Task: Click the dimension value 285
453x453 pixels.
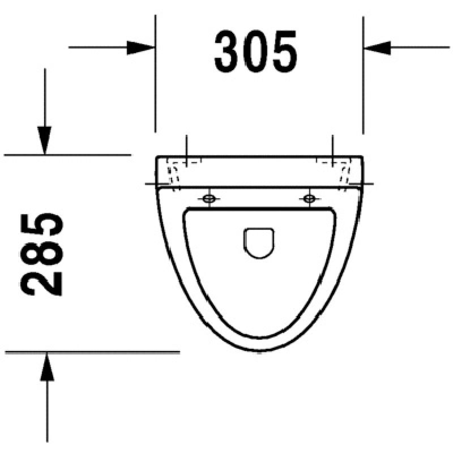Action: pos(44,254)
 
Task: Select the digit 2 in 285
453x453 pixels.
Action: pos(44,281)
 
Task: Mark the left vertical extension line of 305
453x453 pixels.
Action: pos(155,85)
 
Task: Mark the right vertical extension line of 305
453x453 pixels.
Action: pos(363,85)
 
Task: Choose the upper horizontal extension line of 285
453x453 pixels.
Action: pos(68,154)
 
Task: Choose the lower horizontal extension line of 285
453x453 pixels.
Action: pos(91,352)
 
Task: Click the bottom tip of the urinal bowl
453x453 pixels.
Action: pos(259,352)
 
